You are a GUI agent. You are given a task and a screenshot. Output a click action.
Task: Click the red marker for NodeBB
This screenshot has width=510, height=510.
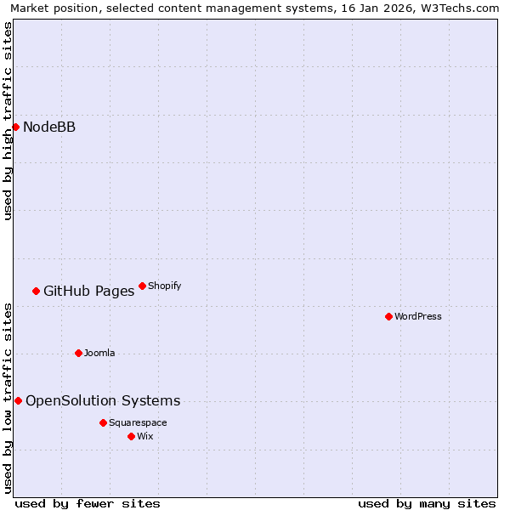(15, 127)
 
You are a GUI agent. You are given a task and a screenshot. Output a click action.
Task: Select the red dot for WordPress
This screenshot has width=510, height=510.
(388, 316)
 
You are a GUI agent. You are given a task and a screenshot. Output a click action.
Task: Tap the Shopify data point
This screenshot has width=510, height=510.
(142, 286)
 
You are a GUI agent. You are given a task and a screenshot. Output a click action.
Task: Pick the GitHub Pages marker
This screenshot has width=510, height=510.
(36, 291)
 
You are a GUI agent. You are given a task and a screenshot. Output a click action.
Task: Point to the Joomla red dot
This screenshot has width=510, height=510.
(78, 353)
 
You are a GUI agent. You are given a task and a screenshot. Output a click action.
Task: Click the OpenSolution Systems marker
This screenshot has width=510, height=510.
(18, 400)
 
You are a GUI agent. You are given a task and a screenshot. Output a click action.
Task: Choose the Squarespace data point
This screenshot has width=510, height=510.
(103, 422)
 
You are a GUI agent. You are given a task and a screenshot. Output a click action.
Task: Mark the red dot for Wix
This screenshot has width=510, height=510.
(131, 436)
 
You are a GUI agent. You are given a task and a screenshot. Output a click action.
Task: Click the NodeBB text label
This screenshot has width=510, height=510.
(49, 127)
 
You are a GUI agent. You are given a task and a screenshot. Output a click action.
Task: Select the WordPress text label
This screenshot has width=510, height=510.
(418, 316)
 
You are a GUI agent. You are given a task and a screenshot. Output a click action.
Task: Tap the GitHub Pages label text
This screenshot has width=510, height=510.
(88, 292)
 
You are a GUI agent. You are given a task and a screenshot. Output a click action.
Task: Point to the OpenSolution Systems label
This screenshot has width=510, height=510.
(103, 401)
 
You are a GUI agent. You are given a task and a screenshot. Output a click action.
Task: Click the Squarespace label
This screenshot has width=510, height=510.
(138, 422)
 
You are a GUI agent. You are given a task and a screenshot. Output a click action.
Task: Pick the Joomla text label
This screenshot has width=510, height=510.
(99, 353)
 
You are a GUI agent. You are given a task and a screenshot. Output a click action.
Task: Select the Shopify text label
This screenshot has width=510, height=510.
(164, 286)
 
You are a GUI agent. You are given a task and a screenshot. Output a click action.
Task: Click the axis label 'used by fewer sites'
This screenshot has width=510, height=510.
(88, 503)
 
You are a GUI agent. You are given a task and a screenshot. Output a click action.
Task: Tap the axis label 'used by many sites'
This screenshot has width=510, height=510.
(427, 503)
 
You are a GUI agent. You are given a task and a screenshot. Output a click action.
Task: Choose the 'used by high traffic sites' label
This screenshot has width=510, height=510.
(8, 121)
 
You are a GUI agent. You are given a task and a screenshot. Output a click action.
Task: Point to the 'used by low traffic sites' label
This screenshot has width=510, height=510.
(8, 398)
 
